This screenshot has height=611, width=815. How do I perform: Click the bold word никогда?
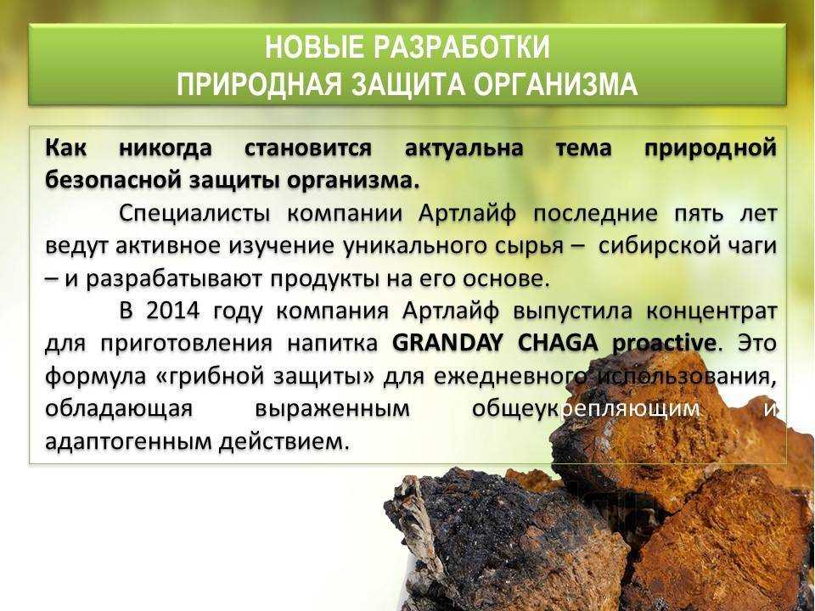pos(166,148)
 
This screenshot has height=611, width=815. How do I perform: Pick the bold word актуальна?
pos(464,148)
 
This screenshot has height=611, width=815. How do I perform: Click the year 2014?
pos(172,311)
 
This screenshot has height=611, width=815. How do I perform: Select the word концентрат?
pos(711,311)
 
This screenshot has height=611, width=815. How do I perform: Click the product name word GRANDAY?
pos(447,344)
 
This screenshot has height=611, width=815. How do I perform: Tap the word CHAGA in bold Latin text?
pos(558,344)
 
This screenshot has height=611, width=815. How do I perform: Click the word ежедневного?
pos(511,377)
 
